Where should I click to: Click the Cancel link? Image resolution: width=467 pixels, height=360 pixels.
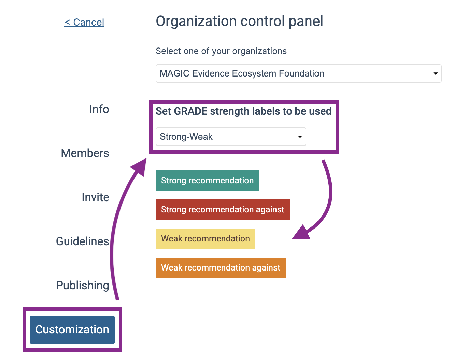click(x=84, y=22)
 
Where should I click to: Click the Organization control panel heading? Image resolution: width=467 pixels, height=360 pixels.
click(x=239, y=21)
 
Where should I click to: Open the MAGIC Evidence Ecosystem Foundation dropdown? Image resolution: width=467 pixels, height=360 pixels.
click(x=298, y=73)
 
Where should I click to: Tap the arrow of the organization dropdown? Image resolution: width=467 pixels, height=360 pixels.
click(x=435, y=73)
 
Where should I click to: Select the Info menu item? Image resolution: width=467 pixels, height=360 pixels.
click(x=99, y=109)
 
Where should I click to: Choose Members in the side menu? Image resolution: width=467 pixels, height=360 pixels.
click(x=85, y=153)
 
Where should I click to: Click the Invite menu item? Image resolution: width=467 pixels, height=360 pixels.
click(x=95, y=197)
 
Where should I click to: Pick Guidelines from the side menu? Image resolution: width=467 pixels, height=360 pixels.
click(x=83, y=241)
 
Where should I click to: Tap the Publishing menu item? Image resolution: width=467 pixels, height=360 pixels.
click(x=83, y=286)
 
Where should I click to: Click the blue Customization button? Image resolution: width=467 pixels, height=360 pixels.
click(x=72, y=330)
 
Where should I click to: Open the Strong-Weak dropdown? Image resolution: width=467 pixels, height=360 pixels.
click(x=231, y=137)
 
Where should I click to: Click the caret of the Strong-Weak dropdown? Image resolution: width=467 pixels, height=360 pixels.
click(x=300, y=137)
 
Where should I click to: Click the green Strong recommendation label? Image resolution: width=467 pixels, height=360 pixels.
click(x=208, y=181)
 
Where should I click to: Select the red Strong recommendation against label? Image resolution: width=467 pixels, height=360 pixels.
click(x=223, y=210)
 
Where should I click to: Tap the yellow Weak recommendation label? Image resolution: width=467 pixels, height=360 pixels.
click(x=206, y=239)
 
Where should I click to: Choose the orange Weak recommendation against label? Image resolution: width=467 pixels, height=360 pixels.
click(x=221, y=268)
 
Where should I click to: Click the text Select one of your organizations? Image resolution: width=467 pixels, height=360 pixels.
click(x=221, y=51)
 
